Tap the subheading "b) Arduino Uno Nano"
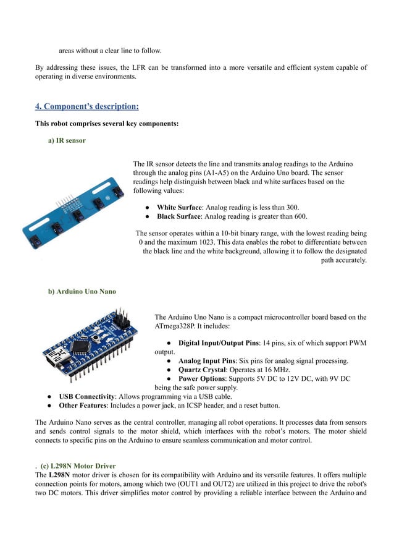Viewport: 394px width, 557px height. [x=82, y=292]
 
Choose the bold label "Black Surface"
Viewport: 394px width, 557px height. [x=180, y=217]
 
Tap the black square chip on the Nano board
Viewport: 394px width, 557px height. [x=81, y=344]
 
